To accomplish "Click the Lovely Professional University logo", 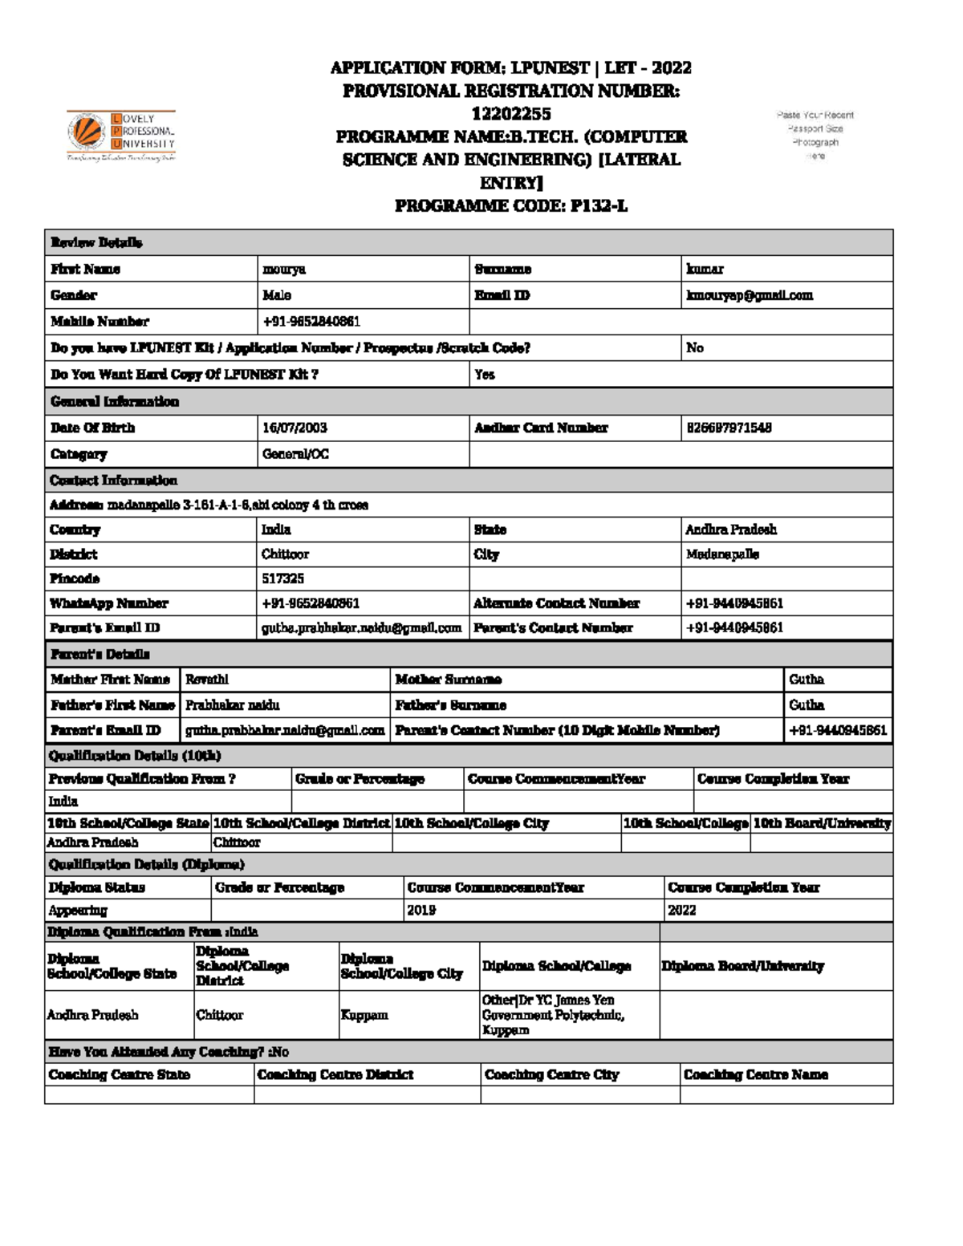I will tap(121, 135).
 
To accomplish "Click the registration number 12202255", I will tap(510, 113).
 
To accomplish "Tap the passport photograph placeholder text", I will tap(815, 135).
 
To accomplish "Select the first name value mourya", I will tap(284, 269).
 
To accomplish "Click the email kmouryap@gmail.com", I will tap(749, 295).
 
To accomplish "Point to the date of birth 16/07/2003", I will tap(295, 428).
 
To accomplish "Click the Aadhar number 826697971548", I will tap(729, 428).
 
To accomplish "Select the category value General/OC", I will tap(295, 454).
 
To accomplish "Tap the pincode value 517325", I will tap(282, 578).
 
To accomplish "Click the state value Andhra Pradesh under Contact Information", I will tap(730, 530).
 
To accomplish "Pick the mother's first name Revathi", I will tap(207, 680).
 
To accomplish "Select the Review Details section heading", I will tap(96, 242).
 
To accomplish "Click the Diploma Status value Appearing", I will tap(78, 911).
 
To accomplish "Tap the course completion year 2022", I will tap(681, 911).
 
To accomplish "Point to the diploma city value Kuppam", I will tap(364, 1015).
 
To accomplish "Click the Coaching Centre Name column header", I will tap(755, 1074).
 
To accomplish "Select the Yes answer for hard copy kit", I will tap(485, 375).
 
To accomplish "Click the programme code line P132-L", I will tap(510, 205).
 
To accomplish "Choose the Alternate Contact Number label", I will tap(556, 603).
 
